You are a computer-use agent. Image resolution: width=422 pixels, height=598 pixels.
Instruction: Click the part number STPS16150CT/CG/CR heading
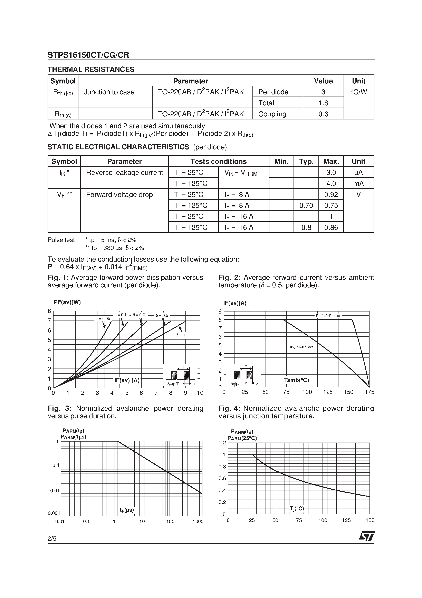pos(88,55)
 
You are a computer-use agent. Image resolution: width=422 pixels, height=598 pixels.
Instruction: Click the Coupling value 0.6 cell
pos(323,114)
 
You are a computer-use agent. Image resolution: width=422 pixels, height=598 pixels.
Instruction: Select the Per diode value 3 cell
pos(323,92)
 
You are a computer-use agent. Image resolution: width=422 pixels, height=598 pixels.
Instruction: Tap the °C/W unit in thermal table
pos(358,92)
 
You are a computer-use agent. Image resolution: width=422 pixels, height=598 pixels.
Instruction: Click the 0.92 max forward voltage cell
pos(331,194)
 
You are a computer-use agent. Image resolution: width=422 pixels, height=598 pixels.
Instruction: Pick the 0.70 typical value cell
pos(306,206)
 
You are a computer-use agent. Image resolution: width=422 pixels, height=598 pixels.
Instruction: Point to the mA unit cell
pos(358,184)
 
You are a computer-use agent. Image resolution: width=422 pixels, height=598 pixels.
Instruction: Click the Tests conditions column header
pos(218,162)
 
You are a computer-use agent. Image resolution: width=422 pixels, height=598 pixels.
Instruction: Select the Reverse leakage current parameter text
pos(124,172)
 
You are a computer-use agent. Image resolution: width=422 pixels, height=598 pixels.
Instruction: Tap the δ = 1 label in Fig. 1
pos(181,335)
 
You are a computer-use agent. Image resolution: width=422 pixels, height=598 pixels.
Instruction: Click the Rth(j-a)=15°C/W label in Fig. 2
pos(300,347)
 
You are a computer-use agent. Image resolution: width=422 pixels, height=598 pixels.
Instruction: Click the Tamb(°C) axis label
pos(296,380)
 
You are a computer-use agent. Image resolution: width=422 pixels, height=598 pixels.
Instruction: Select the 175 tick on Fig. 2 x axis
pos(369,392)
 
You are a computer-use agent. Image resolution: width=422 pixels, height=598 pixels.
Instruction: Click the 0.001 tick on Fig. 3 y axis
pos(54,513)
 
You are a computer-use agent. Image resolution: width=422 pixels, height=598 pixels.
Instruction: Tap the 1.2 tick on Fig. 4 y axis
pos(222,443)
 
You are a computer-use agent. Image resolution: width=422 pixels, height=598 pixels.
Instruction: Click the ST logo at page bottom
pos(367,536)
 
